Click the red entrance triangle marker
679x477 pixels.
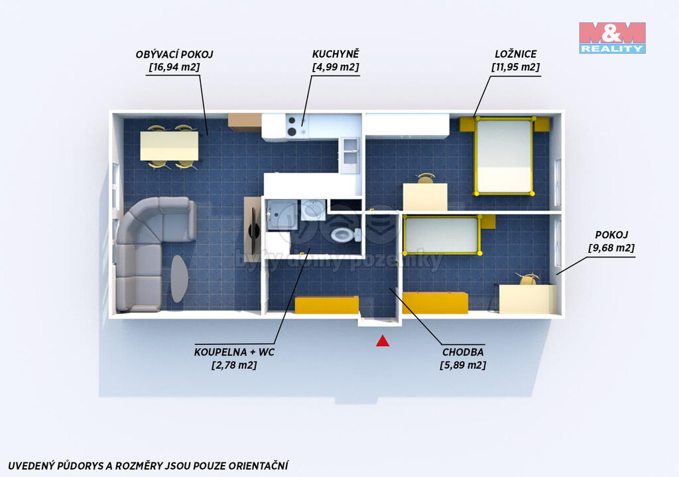tap(383, 342)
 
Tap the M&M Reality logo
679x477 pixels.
tap(612, 38)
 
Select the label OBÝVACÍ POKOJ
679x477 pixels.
tap(174, 54)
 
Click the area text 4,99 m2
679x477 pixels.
tap(336, 67)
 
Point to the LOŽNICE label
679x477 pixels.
tap(516, 54)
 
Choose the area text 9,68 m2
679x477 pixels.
tap(611, 248)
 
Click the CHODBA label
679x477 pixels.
tap(463, 352)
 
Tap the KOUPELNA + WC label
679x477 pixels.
tap(234, 352)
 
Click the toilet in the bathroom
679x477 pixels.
tap(345, 236)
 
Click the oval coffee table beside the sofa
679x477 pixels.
tap(178, 279)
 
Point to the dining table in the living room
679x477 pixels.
tap(169, 146)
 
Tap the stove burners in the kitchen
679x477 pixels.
tap(292, 126)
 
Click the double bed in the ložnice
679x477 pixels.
tap(504, 156)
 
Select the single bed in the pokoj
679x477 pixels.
tap(442, 235)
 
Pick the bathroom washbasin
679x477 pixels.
tap(313, 210)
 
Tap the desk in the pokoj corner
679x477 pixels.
tap(527, 299)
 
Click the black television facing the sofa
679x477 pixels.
tap(253, 232)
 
